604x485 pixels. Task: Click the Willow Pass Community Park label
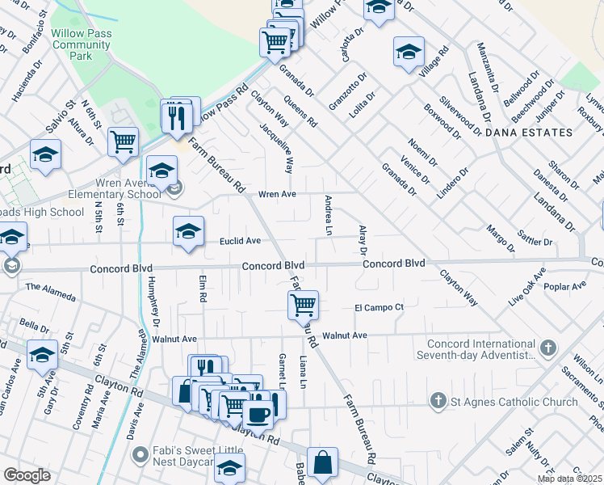click(82, 46)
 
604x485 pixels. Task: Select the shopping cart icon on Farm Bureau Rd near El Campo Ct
click(303, 305)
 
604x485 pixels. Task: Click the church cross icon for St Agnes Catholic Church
click(438, 400)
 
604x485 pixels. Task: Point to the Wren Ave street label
click(278, 194)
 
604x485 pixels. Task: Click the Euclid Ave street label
click(241, 241)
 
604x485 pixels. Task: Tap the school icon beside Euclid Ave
click(188, 232)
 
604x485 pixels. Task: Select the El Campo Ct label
click(379, 307)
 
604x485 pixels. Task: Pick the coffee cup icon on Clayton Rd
click(258, 414)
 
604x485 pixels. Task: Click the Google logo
click(27, 475)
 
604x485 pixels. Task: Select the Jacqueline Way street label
click(275, 147)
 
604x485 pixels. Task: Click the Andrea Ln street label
click(329, 215)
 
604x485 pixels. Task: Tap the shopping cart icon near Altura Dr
click(124, 141)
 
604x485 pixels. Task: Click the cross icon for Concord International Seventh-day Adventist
click(547, 348)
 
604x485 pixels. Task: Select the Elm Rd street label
click(203, 287)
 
